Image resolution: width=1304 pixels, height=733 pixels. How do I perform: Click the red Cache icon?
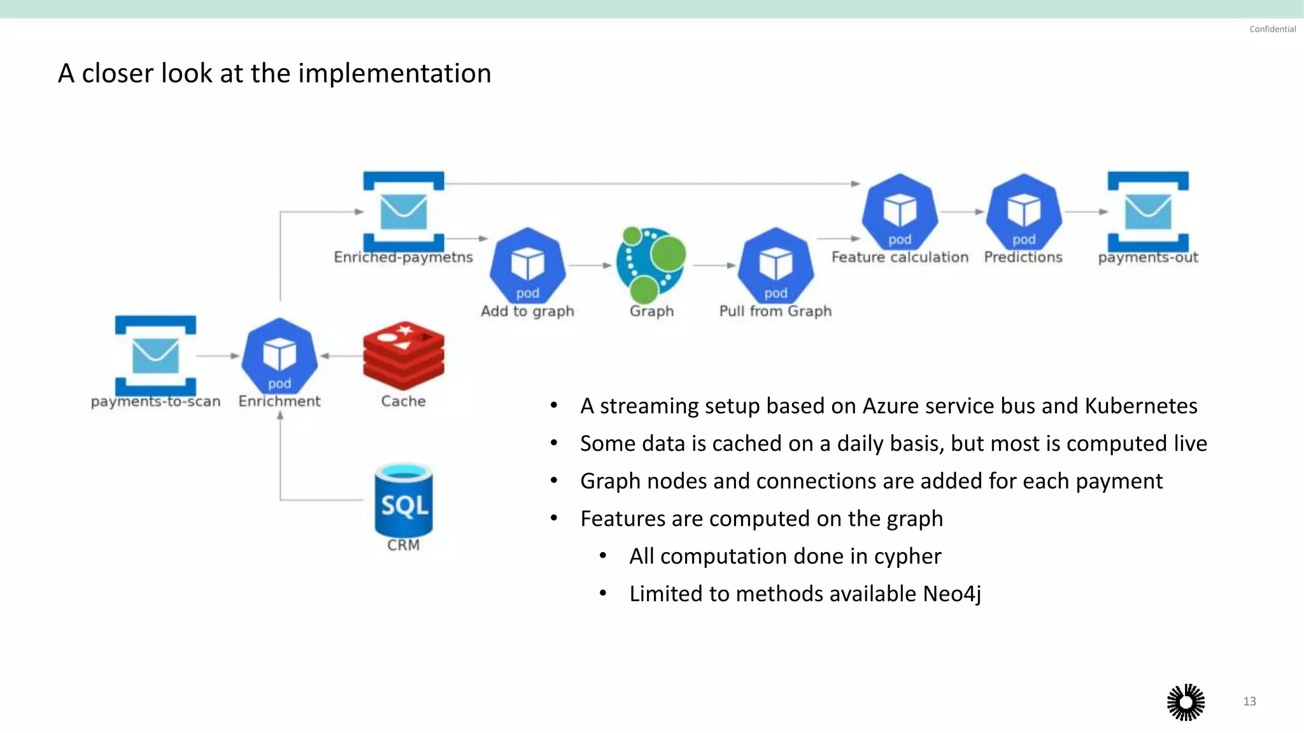tap(404, 355)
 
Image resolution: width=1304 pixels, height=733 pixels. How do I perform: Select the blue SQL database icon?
tap(404, 502)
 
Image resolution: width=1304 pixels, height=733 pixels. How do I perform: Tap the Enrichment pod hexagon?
tap(280, 355)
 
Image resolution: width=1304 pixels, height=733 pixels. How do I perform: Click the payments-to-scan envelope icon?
tap(155, 355)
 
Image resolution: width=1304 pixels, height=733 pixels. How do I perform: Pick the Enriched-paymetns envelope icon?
tap(404, 211)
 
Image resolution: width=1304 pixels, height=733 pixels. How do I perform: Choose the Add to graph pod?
tap(527, 265)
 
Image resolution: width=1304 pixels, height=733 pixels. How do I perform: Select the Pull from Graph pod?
tap(776, 265)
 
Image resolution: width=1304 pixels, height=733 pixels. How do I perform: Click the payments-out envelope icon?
tap(1148, 211)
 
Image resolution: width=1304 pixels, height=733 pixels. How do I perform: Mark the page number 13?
tap(1249, 701)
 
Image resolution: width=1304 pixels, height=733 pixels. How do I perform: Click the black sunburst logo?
tap(1186, 702)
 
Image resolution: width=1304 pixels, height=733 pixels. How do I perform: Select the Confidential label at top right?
tap(1272, 29)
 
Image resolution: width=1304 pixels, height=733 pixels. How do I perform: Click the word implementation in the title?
tap(395, 74)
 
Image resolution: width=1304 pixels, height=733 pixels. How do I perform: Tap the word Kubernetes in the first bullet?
tap(1141, 406)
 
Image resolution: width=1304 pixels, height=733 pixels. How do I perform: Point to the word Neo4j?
tap(952, 594)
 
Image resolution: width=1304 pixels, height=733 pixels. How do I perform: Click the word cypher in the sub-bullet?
tap(907, 557)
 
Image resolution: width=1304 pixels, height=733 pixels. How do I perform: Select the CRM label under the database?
tap(404, 545)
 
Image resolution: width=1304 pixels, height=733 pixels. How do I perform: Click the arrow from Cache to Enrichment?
tap(341, 356)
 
